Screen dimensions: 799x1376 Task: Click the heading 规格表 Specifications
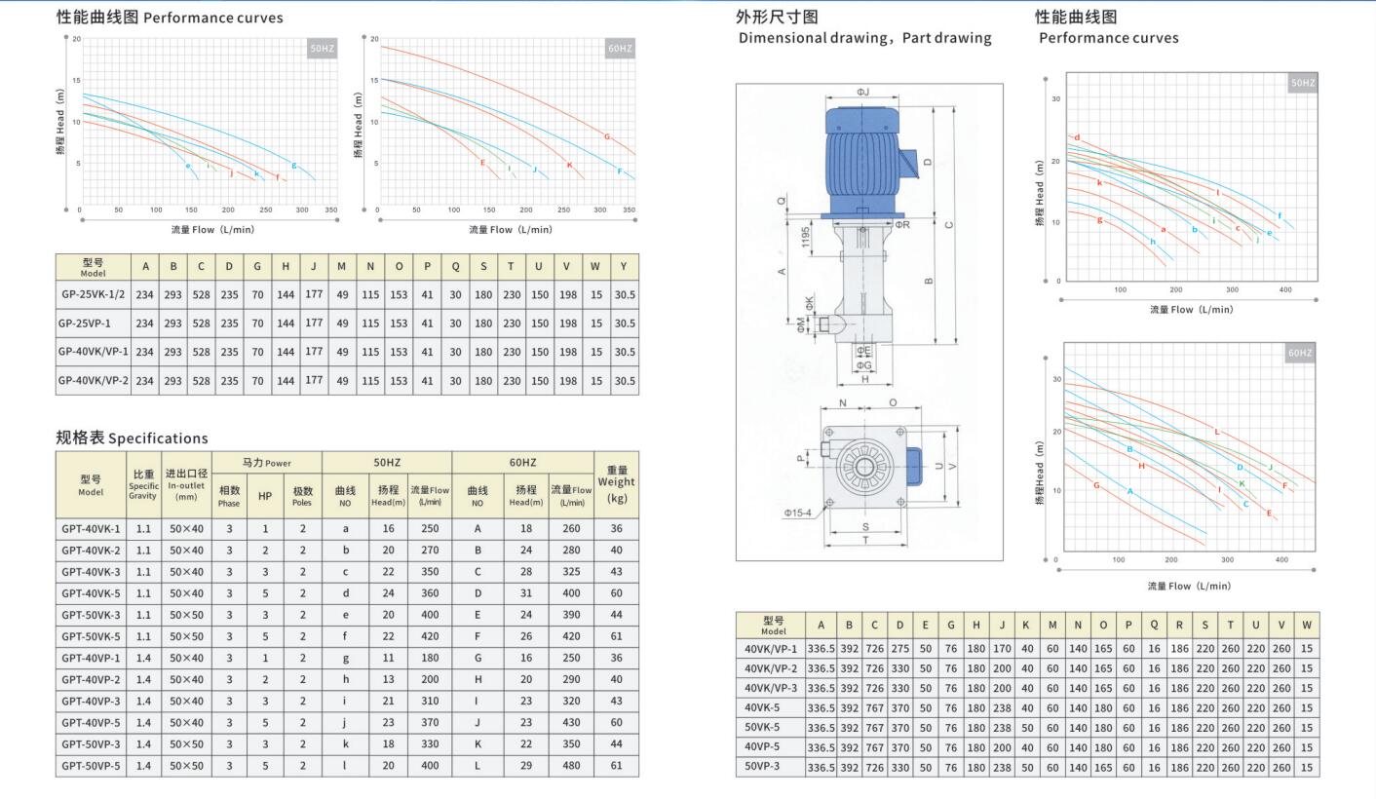132,438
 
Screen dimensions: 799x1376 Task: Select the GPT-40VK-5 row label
91,593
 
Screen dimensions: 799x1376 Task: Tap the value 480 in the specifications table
571,766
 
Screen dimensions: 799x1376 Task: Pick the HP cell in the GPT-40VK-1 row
264,529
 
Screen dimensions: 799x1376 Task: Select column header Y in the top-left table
623,267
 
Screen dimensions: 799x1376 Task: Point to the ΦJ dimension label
862,92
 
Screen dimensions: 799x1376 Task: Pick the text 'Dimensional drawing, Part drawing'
864,38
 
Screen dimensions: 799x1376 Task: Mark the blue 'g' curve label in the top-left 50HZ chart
293,165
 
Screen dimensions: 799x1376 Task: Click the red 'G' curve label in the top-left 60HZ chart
607,136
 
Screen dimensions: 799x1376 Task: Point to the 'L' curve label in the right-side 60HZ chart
1216,431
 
